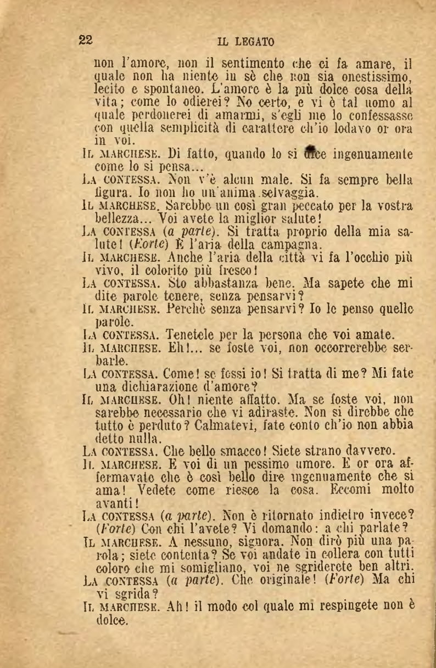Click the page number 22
86,40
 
